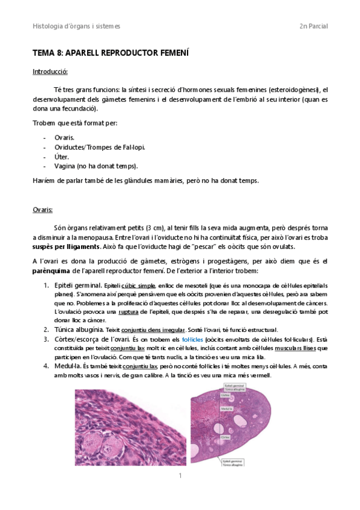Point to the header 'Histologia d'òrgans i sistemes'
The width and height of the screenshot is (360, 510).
76,26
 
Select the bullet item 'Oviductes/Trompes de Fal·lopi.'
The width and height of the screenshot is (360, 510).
99,147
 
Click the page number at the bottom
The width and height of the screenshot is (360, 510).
180,476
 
